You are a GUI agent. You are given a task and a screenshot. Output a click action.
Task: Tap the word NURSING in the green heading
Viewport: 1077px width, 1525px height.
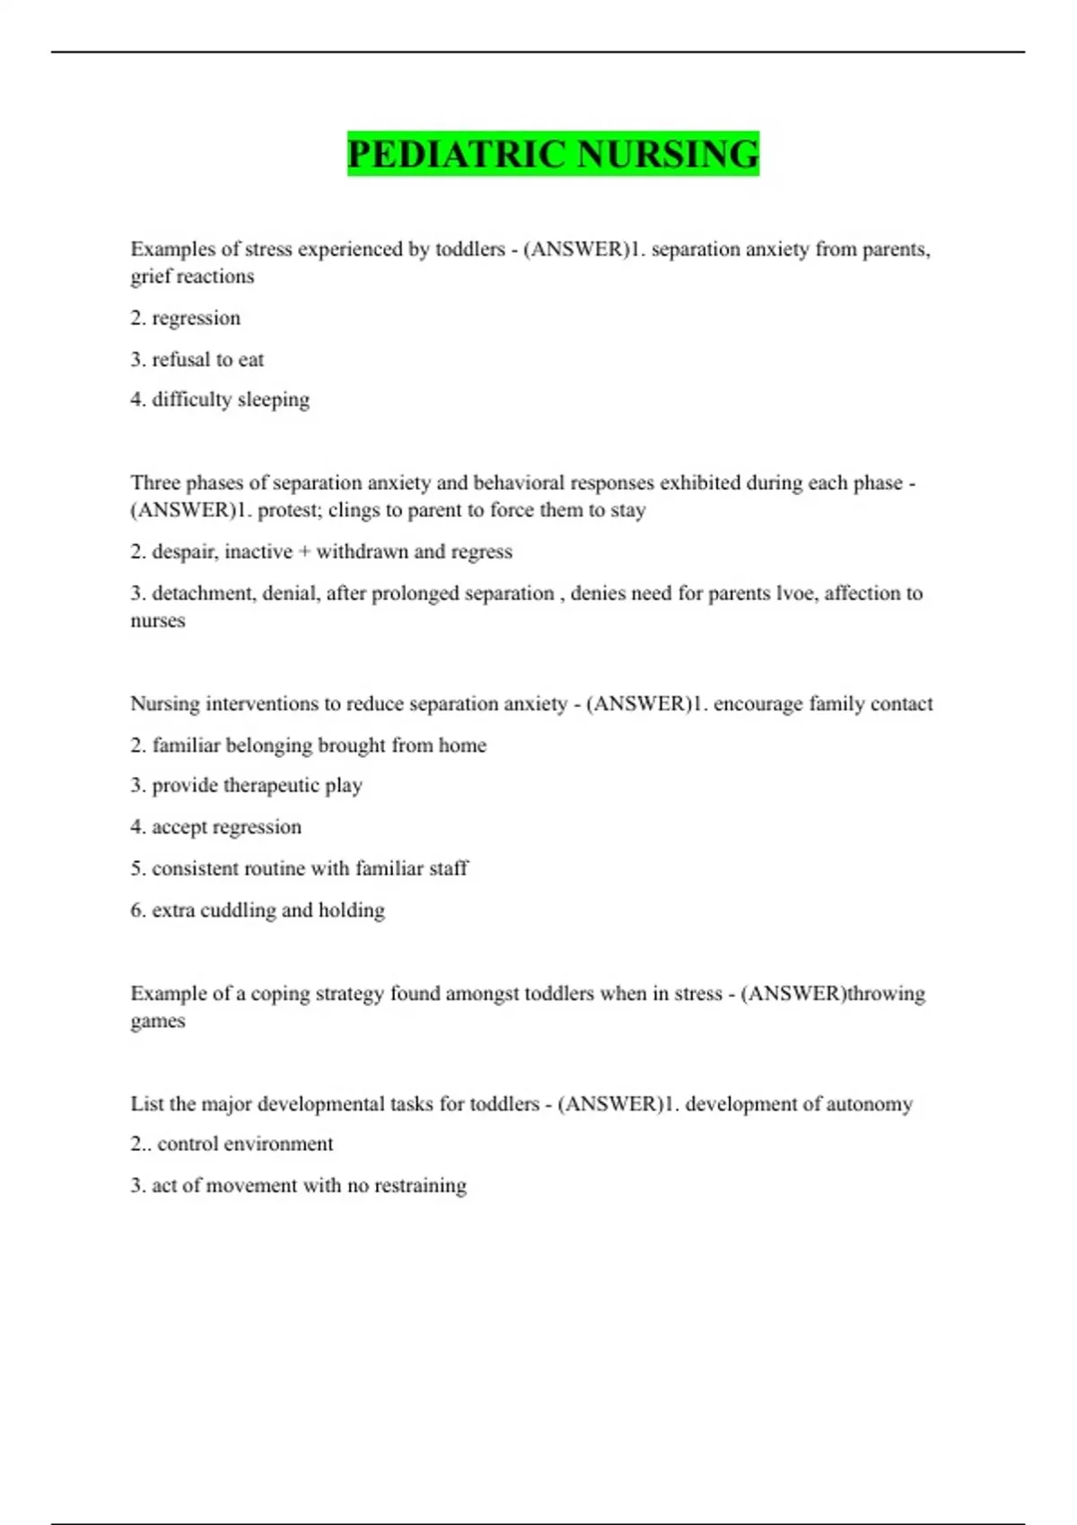(x=668, y=154)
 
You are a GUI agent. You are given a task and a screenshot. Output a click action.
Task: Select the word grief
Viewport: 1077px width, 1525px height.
(x=150, y=277)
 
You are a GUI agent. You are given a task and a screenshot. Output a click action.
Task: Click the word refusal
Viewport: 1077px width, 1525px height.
(x=180, y=360)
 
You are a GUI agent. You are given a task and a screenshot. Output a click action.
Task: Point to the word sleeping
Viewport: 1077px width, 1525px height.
(x=274, y=400)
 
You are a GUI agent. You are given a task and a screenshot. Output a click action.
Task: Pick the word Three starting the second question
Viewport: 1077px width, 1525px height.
(x=154, y=483)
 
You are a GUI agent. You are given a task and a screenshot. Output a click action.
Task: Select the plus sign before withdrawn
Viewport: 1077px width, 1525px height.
(x=304, y=552)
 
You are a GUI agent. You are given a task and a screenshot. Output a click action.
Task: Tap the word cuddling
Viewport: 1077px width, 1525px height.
(x=238, y=911)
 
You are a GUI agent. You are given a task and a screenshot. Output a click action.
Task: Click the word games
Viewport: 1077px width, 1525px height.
(x=158, y=1022)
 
